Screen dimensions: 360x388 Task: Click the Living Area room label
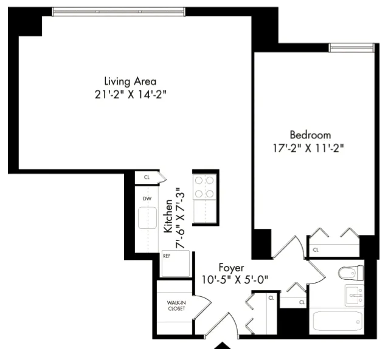point(131,81)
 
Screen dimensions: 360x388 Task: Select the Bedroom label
point(310,134)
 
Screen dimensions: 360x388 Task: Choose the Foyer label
point(232,267)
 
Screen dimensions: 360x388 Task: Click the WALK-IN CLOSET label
point(176,305)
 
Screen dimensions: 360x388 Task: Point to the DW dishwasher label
point(147,199)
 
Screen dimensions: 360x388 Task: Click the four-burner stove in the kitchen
point(205,187)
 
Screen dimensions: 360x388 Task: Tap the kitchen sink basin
point(147,218)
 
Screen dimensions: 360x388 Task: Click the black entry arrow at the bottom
point(223,346)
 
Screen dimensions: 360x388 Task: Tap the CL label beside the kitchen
point(147,177)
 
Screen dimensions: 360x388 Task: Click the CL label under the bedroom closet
point(315,250)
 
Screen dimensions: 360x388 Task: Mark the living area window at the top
point(118,10)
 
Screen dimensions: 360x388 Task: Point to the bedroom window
point(351,47)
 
